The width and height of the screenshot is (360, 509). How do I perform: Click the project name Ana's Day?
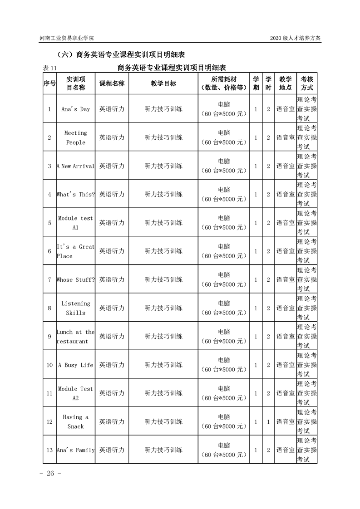76,109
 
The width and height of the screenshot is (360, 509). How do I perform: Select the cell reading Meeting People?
76,137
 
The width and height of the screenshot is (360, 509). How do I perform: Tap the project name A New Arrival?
76,166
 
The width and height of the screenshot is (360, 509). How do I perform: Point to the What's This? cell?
76,194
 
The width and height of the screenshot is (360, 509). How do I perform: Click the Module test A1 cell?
76,223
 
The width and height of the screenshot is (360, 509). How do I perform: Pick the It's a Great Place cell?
76,251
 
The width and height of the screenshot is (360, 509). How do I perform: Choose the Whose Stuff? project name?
76,279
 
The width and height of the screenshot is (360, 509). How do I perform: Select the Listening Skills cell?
76,308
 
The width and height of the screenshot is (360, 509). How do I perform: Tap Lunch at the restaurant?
76,337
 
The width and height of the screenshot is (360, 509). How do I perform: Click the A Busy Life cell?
76,365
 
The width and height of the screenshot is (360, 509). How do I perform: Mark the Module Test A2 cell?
76,393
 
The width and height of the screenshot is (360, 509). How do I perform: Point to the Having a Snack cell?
76,422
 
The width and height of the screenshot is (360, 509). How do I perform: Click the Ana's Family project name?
76,450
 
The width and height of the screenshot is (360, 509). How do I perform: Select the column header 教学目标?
163,83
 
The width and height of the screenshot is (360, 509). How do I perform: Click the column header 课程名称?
112,83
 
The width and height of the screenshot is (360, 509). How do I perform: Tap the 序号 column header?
49,83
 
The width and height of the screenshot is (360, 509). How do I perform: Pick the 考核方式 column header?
307,83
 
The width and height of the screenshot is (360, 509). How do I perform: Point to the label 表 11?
50,68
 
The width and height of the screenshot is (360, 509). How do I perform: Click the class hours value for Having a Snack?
268,422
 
